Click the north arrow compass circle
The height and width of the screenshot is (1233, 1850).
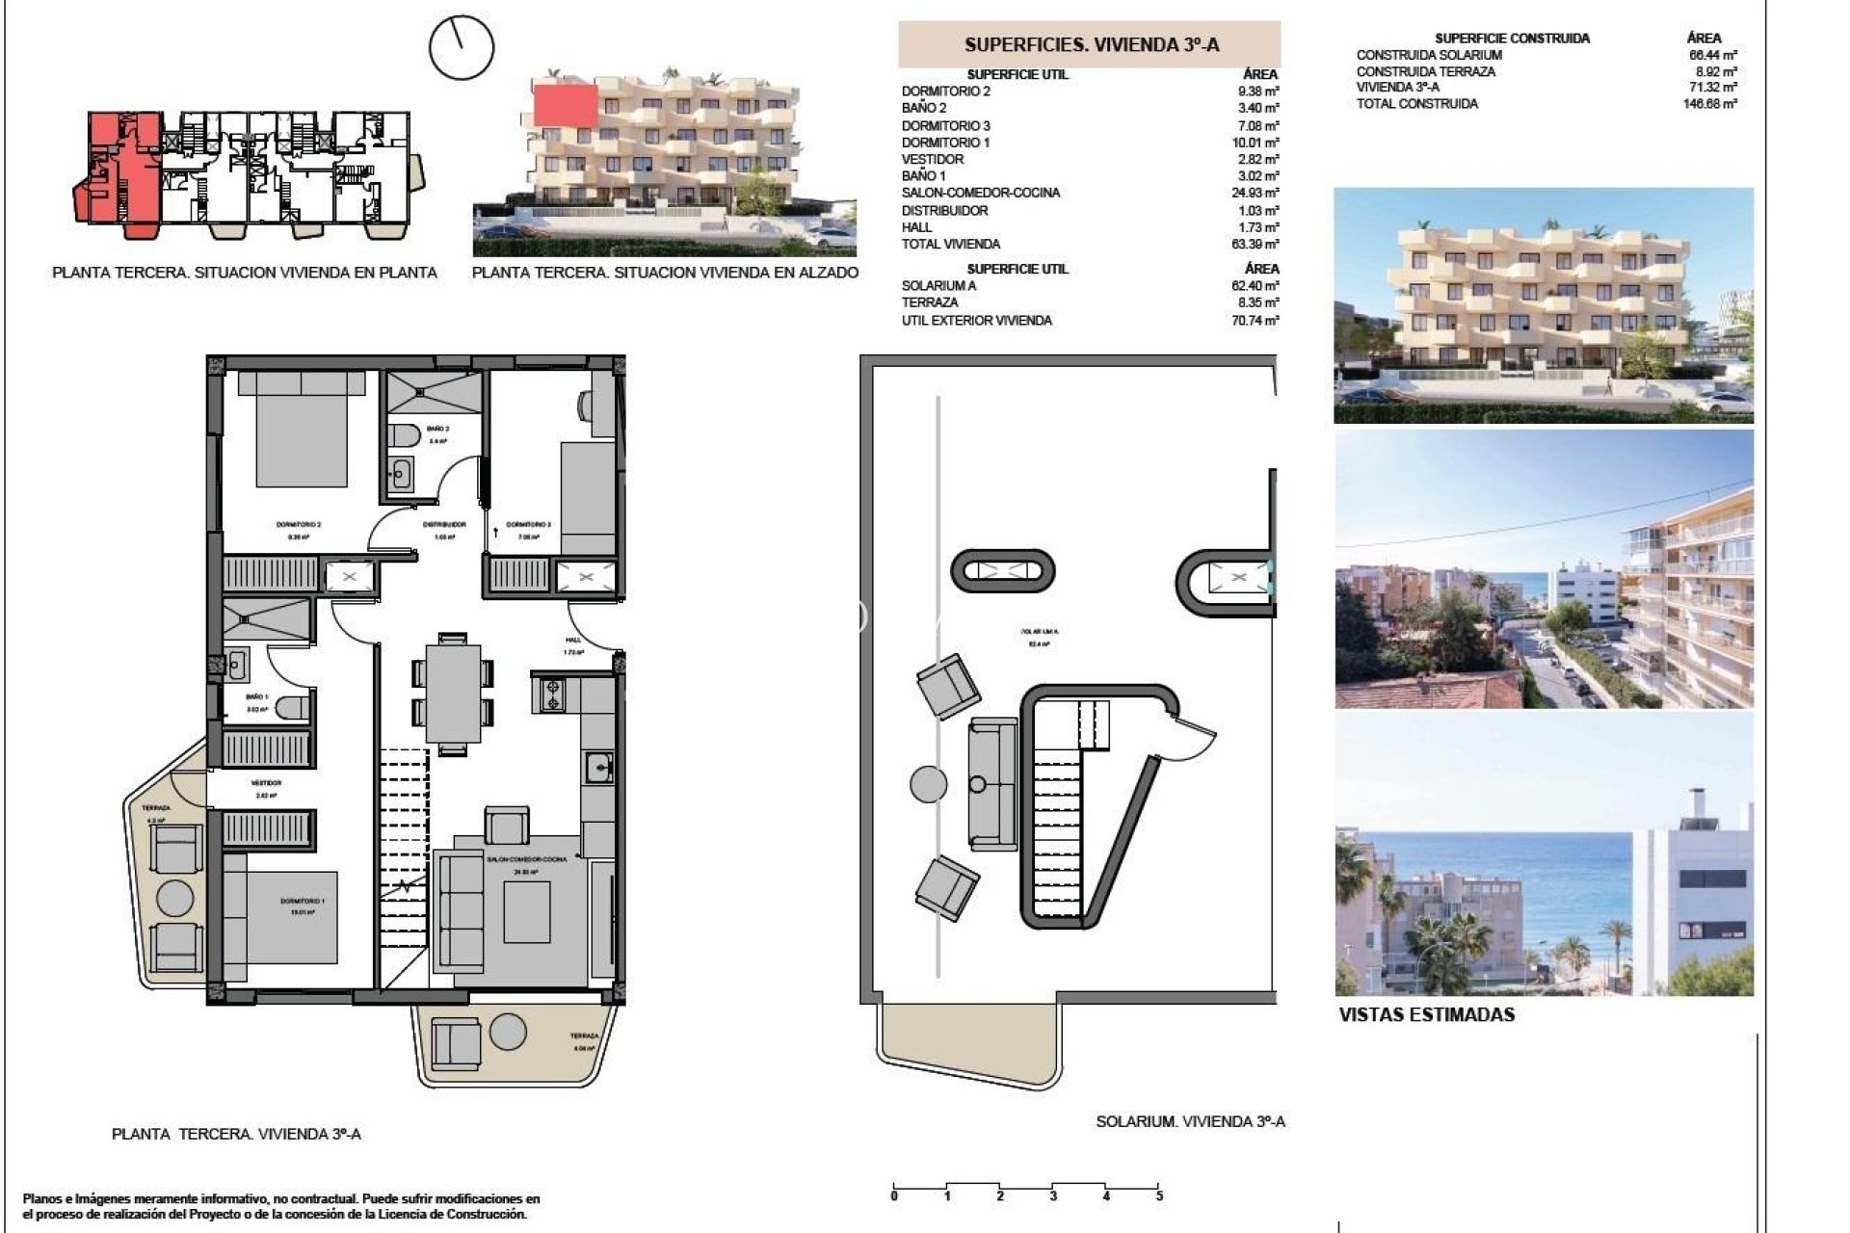[462, 47]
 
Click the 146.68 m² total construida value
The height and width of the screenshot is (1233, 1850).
[1710, 104]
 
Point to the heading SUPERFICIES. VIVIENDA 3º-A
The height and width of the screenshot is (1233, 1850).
[1092, 45]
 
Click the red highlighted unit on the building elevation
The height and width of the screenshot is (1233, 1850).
[566, 104]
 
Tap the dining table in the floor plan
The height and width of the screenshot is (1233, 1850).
[453, 693]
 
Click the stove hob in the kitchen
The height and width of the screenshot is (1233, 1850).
[553, 695]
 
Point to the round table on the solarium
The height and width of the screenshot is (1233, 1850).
[929, 783]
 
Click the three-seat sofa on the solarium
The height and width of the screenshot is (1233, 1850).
[992, 783]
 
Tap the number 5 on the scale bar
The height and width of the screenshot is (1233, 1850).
[1159, 1196]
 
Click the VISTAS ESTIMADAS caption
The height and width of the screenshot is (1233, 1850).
[1426, 1015]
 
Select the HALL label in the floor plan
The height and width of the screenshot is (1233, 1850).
[573, 640]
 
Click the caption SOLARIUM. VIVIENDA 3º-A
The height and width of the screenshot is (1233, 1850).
[1190, 1122]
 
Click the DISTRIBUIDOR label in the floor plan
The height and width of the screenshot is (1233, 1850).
[444, 525]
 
